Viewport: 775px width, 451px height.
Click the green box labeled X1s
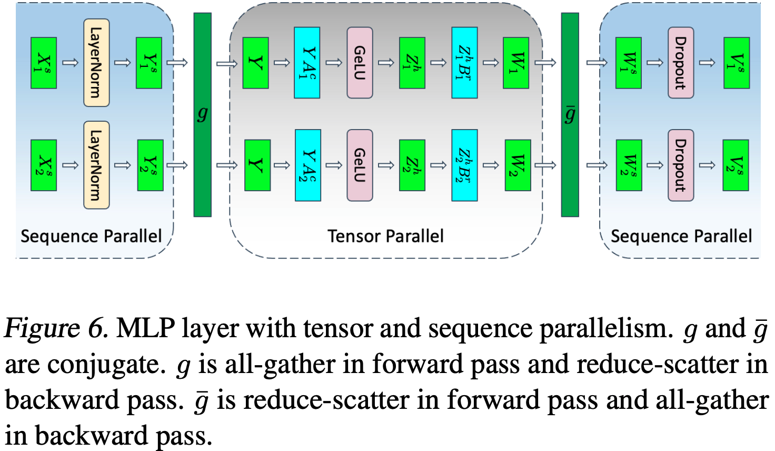[x=44, y=63]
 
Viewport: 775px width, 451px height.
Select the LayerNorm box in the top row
[x=96, y=63]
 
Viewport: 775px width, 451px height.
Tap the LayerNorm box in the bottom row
[x=96, y=165]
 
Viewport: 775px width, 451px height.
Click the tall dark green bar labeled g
[x=202, y=114]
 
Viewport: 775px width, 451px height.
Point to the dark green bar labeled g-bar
[x=570, y=114]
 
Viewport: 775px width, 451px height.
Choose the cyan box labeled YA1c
[x=307, y=63]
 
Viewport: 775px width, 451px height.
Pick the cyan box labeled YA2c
[x=308, y=165]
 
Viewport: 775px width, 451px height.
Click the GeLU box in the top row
[x=360, y=63]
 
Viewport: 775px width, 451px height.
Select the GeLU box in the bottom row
[x=360, y=165]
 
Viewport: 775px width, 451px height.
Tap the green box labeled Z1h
[x=412, y=63]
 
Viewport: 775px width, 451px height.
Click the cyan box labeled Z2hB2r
[x=464, y=165]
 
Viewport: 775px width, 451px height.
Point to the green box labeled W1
[x=516, y=63]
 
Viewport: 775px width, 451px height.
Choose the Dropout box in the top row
[x=680, y=63]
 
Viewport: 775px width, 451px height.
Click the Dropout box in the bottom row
[x=680, y=165]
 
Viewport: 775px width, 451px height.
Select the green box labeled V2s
[x=736, y=165]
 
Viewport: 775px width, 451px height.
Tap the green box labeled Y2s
[x=150, y=165]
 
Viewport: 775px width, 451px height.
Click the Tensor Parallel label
[x=385, y=236]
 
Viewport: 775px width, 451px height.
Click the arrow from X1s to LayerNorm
[x=70, y=63]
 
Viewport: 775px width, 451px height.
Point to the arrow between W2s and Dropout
[x=655, y=165]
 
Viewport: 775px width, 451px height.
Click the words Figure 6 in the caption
[x=55, y=329]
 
